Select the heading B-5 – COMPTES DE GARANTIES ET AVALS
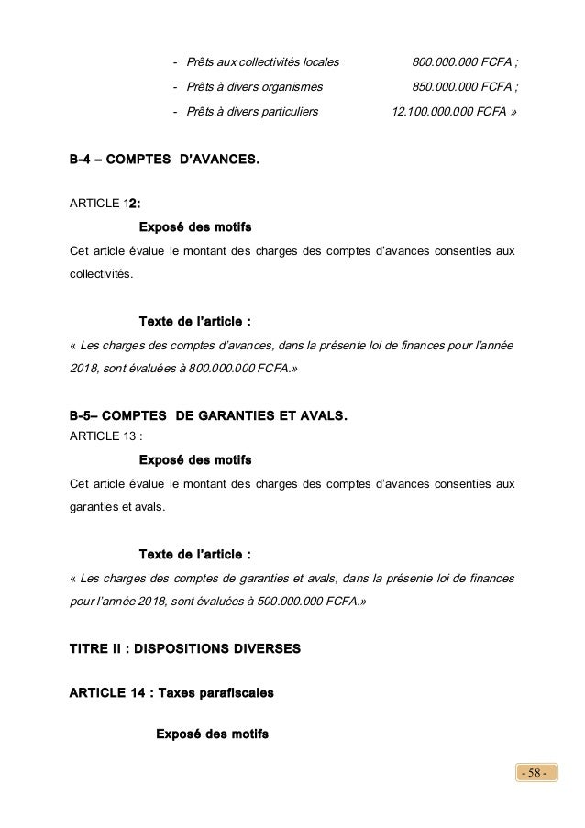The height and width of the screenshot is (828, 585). pos(209,417)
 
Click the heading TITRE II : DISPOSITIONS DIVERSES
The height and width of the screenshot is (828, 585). pos(184,648)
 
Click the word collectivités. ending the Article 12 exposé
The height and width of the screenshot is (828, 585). pos(101,274)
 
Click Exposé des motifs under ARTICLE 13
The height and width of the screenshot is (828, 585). pos(194,458)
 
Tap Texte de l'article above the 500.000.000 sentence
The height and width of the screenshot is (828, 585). pos(194,554)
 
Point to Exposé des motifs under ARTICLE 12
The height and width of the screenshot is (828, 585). pos(194,226)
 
